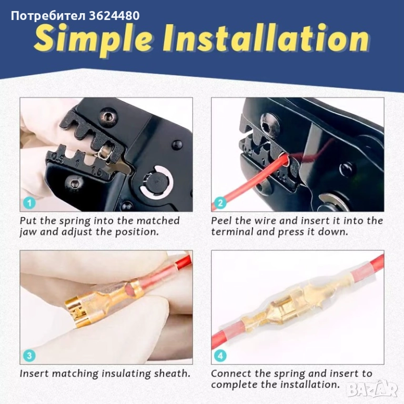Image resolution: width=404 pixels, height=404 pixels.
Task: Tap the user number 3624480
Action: pos(114,16)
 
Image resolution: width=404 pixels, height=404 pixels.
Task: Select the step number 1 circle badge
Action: pos(29,203)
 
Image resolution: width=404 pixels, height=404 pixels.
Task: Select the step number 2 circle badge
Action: pos(220,203)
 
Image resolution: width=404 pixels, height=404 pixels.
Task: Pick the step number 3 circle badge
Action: pos(29,356)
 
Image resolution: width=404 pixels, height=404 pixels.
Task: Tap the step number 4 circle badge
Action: pos(220,356)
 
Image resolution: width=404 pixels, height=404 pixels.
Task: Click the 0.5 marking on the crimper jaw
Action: pos(58,158)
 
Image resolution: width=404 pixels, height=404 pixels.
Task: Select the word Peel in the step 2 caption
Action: pos(221,220)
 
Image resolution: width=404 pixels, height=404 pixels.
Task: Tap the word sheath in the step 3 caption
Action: pos(172,373)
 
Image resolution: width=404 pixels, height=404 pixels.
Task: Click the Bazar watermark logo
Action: pos(372,390)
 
